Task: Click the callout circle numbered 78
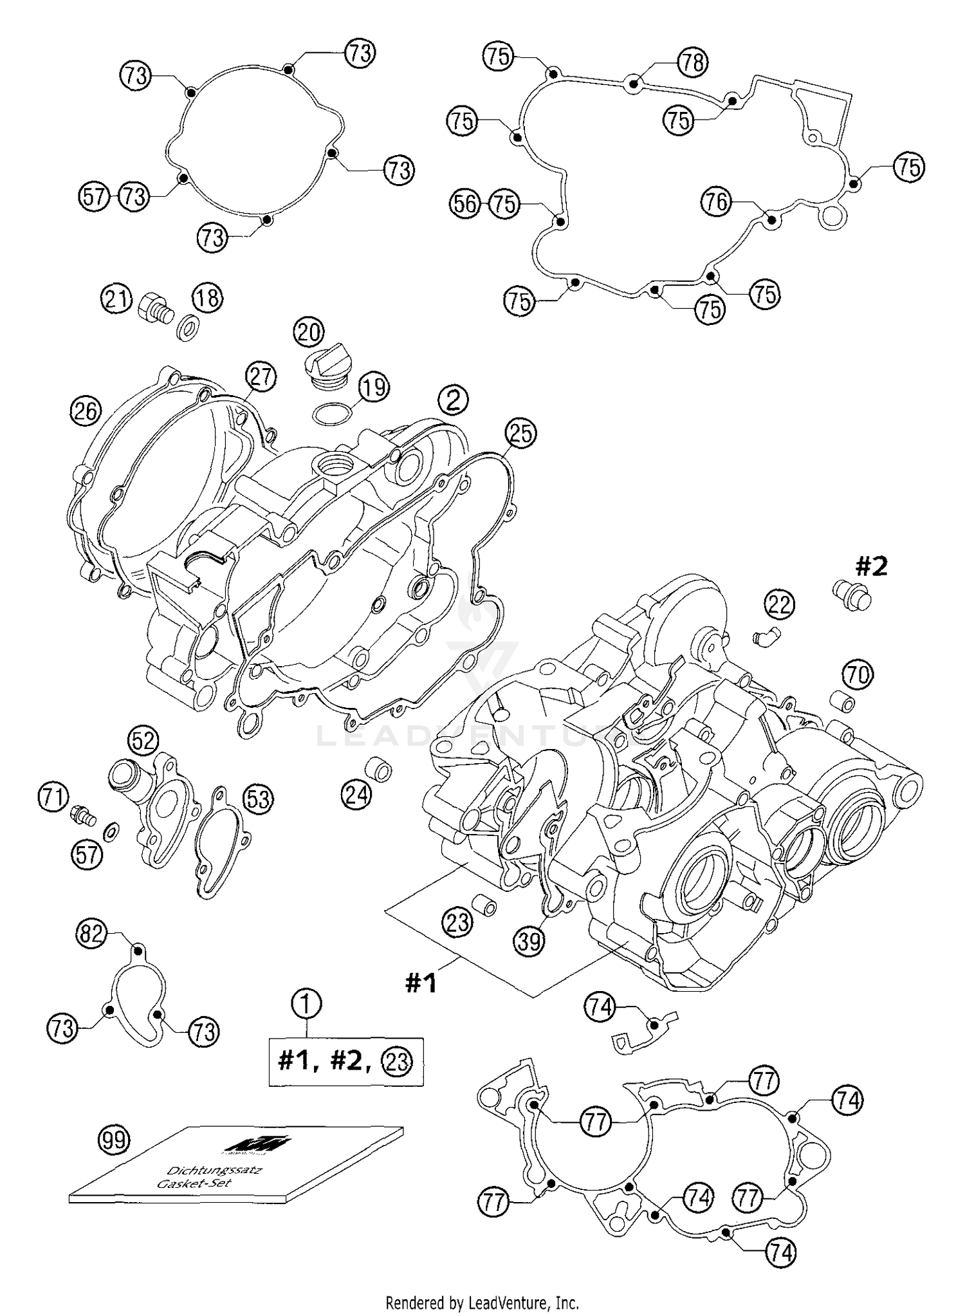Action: point(692,62)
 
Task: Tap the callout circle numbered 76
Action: point(716,203)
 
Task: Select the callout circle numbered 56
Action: point(464,204)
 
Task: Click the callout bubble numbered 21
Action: point(116,299)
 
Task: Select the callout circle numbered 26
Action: point(86,411)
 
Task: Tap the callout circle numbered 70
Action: point(858,675)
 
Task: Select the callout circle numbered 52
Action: point(143,741)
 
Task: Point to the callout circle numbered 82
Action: point(91,933)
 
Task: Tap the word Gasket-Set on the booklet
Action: point(194,1183)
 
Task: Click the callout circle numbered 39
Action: point(529,941)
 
